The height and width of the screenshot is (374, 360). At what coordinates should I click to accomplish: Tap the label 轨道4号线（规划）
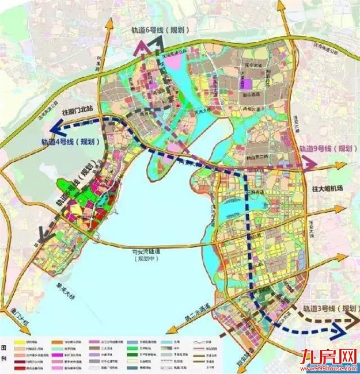[69, 142]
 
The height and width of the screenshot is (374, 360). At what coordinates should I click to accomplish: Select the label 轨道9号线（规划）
[327, 148]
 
